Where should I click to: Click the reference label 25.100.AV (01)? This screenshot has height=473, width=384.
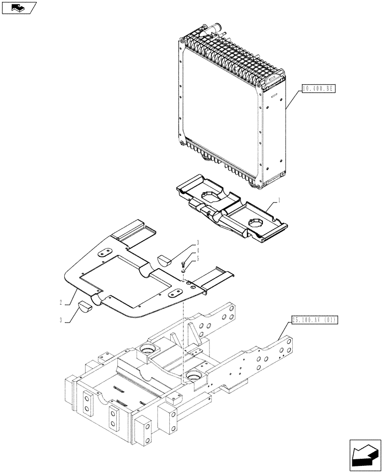point(314,320)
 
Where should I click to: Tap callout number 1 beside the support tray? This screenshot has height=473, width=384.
point(279,201)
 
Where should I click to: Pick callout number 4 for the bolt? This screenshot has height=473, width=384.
point(197,251)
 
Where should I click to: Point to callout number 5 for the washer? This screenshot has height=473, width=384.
point(197,258)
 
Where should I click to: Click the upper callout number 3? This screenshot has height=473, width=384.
point(197,243)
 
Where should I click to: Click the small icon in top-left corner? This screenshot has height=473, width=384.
point(18,8)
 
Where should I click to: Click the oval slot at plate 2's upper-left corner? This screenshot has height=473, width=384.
point(105,253)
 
